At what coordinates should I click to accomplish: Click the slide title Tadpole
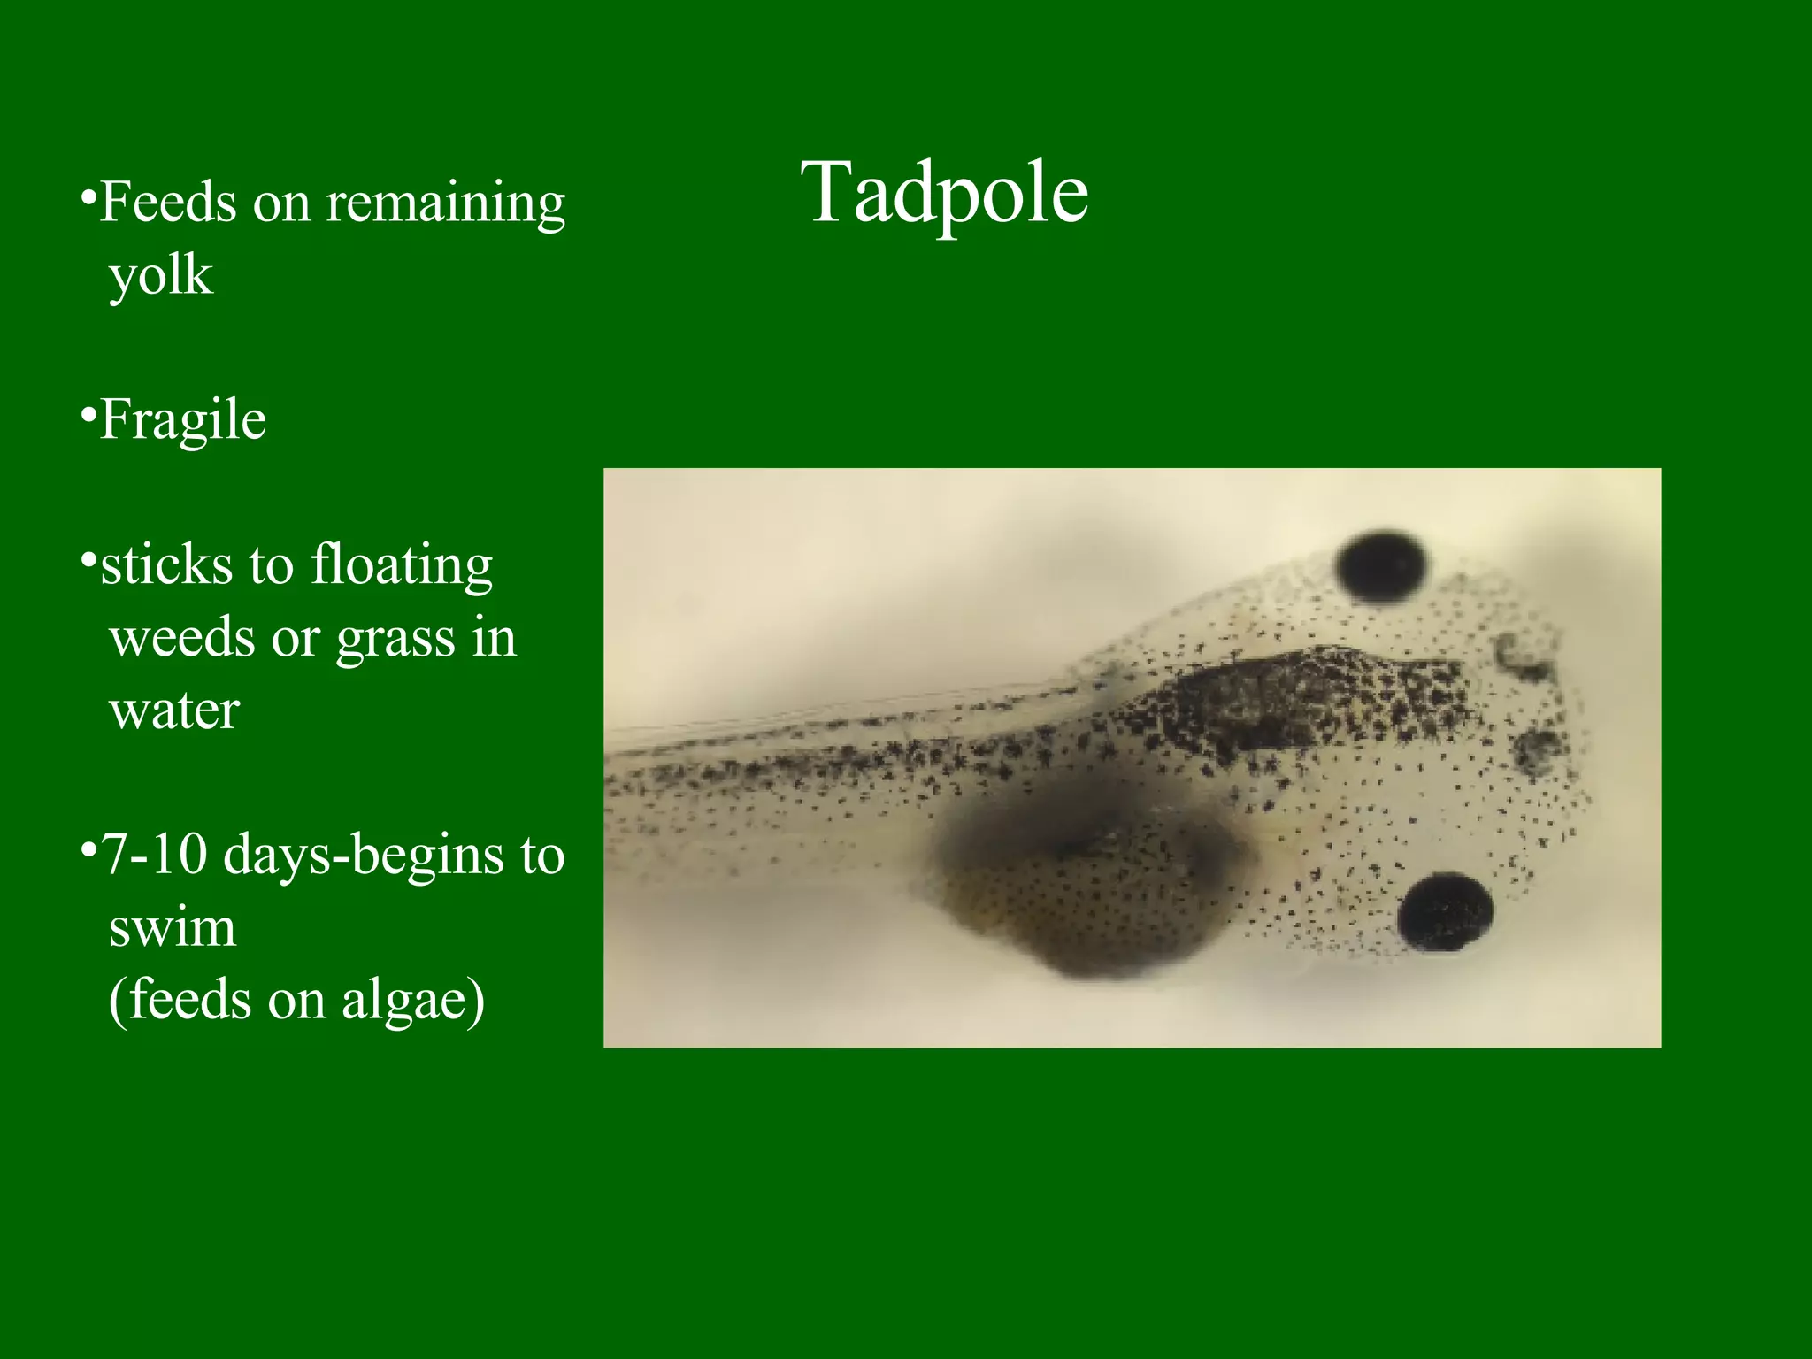point(944,195)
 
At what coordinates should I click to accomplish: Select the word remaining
point(446,204)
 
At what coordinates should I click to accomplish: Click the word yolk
point(161,277)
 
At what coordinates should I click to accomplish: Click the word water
point(174,710)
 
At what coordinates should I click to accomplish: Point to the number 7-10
point(155,856)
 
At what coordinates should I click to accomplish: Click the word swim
point(173,928)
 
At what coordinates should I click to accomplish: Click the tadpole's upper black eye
point(1381,567)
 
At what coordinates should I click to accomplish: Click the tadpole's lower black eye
point(1446,911)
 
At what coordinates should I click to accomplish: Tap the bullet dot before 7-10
point(88,849)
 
